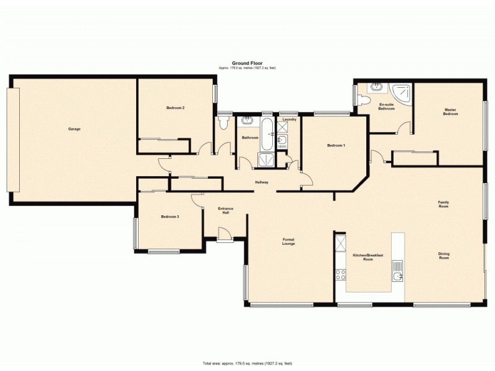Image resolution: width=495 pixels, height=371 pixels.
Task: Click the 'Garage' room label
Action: point(74,129)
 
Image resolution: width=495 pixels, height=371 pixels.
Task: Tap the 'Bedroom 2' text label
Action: point(175,108)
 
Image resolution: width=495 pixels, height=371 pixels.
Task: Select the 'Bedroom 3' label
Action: point(170,216)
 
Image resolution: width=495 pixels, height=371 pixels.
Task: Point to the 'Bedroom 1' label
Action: point(336,145)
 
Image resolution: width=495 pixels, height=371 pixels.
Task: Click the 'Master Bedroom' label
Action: point(450,112)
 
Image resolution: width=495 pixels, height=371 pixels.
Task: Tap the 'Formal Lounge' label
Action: point(288,242)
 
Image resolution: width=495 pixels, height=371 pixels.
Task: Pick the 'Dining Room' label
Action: point(444,255)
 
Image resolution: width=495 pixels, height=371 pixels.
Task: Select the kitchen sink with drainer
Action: point(397,271)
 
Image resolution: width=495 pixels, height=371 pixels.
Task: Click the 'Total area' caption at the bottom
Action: point(247,363)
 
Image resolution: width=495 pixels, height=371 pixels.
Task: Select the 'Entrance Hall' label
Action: point(226,211)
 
